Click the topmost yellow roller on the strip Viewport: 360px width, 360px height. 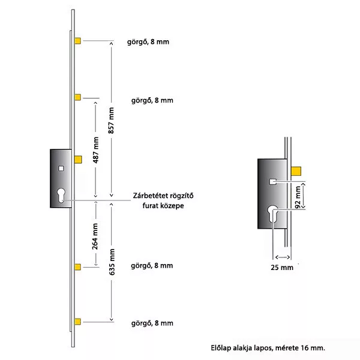pos(77,41)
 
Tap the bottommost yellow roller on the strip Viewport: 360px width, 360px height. pos(77,323)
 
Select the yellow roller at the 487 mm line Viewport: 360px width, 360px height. pos(77,97)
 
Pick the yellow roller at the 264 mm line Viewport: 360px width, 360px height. pos(77,266)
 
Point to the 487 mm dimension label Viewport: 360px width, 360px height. pos(95,149)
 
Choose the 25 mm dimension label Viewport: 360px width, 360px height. pos(282,267)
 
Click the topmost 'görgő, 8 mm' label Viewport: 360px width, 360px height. pos(152,41)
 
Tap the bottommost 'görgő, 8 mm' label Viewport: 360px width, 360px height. pos(152,323)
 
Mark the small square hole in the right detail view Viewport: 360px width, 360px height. pos(272,180)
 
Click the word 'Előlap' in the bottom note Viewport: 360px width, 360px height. pos(221,347)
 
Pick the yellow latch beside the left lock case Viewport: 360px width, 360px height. pos(78,159)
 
